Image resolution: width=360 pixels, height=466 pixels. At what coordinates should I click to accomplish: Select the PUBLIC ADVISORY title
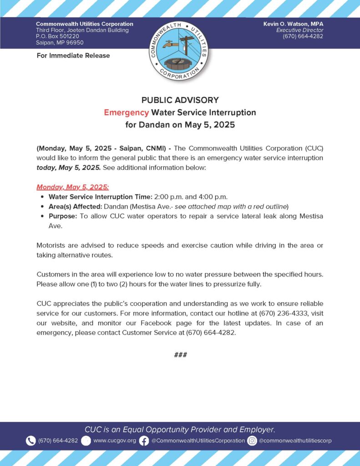coord(180,100)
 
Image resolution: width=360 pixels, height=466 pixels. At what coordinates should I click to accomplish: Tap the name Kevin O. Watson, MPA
coord(293,24)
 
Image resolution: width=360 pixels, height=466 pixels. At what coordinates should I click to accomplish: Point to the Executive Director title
coord(299,30)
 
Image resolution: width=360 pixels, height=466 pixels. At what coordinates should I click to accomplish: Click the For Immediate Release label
coord(73,56)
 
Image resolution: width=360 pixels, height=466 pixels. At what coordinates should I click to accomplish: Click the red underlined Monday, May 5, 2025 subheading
coord(73,187)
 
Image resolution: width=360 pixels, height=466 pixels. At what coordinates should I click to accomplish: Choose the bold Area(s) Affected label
coord(75,207)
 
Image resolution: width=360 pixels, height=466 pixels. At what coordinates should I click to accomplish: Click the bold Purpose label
coord(63,216)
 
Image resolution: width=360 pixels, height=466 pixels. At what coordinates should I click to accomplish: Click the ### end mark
coord(180,355)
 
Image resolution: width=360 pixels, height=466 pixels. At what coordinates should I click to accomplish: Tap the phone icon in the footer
coord(31,441)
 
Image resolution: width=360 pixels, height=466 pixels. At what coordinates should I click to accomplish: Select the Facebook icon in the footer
coord(144,441)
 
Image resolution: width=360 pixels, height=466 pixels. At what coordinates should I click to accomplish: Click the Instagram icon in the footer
coord(252,441)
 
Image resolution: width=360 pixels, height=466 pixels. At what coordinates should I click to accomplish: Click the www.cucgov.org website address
coord(115,441)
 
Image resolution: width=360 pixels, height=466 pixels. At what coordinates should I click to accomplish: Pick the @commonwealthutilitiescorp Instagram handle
coord(295,441)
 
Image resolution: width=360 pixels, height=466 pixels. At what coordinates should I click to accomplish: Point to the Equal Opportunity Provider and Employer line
coord(180,430)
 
